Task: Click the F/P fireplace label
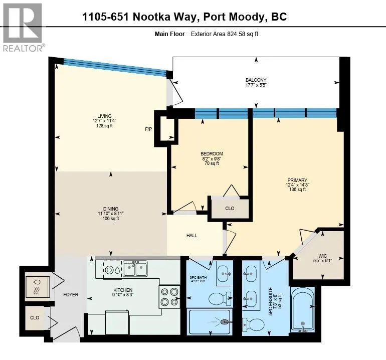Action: (148, 129)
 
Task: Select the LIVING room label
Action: (104, 116)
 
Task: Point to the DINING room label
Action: (111, 209)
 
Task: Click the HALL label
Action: (191, 235)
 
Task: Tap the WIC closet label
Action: (322, 256)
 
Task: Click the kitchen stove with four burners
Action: (169, 296)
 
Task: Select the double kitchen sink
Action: (135, 269)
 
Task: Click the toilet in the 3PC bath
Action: (220, 299)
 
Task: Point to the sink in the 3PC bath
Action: (224, 273)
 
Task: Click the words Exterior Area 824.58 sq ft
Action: (224, 34)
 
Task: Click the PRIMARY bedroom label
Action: (297, 180)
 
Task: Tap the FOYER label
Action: (71, 294)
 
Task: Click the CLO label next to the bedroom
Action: (230, 208)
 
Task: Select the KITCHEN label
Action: (123, 290)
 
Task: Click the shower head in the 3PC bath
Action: (225, 321)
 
